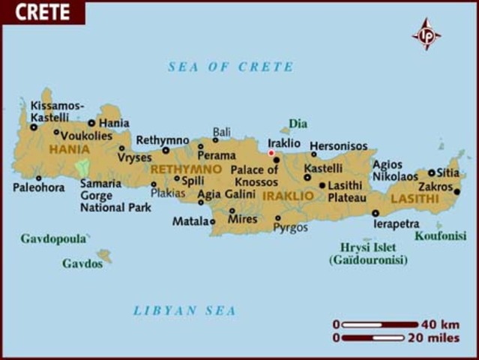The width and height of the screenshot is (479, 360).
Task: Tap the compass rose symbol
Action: pyautogui.click(x=427, y=34)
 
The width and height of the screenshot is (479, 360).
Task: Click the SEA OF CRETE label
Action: pyautogui.click(x=231, y=67)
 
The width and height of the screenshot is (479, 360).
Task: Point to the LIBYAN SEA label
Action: pyautogui.click(x=185, y=310)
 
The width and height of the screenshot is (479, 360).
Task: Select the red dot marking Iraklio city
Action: pyautogui.click(x=271, y=153)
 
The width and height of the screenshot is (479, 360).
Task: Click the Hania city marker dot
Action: pyautogui.click(x=92, y=123)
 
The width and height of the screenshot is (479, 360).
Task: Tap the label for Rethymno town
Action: pyautogui.click(x=163, y=139)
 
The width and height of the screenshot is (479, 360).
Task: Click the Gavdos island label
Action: pyautogui.click(x=82, y=264)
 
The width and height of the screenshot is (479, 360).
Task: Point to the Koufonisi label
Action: pyautogui.click(x=441, y=235)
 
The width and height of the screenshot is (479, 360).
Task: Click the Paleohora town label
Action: pyautogui.click(x=39, y=187)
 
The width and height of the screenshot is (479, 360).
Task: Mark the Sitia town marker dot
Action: pyautogui.click(x=432, y=172)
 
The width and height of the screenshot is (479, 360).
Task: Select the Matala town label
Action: pyautogui.click(x=189, y=221)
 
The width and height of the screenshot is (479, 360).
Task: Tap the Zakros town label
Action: pyautogui.click(x=436, y=186)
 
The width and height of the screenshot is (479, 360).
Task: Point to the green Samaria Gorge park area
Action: pyautogui.click(x=82, y=166)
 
